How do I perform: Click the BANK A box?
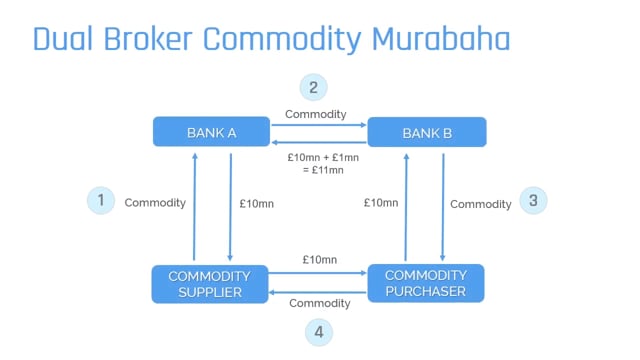coord(211,132)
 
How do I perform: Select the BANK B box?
coord(427,132)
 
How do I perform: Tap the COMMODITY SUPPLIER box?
coord(211,283)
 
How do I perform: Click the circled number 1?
coord(100,201)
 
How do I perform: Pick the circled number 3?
coord(533,201)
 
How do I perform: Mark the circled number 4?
coord(317,331)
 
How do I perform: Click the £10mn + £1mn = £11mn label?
coord(317,163)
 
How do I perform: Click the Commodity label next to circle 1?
coord(155,203)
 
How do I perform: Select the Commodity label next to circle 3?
coord(480,204)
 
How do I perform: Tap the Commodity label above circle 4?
coord(319,304)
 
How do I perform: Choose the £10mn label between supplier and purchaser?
coord(319,260)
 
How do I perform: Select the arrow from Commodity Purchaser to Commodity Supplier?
coord(319,290)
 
